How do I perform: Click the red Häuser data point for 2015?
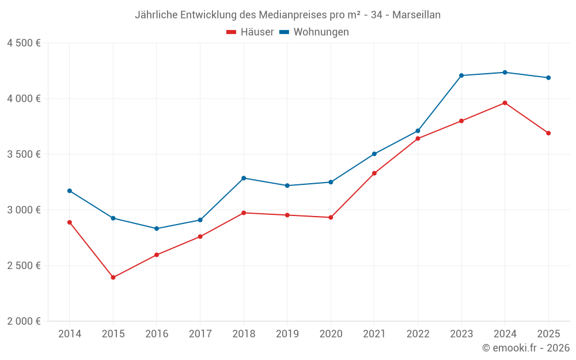pyautogui.click(x=113, y=278)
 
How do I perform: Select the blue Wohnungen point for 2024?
pyautogui.click(x=505, y=73)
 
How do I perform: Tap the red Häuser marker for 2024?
pyautogui.click(x=505, y=103)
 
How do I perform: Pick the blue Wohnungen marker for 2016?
pyautogui.click(x=157, y=229)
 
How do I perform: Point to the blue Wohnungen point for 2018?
pyautogui.click(x=244, y=178)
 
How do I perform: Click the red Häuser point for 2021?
pyautogui.click(x=374, y=173)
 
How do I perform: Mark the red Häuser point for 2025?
pyautogui.click(x=548, y=133)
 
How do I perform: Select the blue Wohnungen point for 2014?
pyautogui.click(x=70, y=191)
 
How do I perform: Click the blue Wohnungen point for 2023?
pyautogui.click(x=461, y=75)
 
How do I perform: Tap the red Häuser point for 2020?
pyautogui.click(x=331, y=218)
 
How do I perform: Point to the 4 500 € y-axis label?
pyautogui.click(x=24, y=43)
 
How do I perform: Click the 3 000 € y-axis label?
pyautogui.click(x=24, y=210)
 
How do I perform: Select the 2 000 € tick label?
pyautogui.click(x=24, y=321)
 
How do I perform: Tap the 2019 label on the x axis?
pyautogui.click(x=287, y=334)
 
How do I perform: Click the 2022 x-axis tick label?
pyautogui.click(x=418, y=334)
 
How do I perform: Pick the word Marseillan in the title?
pyautogui.click(x=416, y=15)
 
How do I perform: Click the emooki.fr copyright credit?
pyautogui.click(x=525, y=348)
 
